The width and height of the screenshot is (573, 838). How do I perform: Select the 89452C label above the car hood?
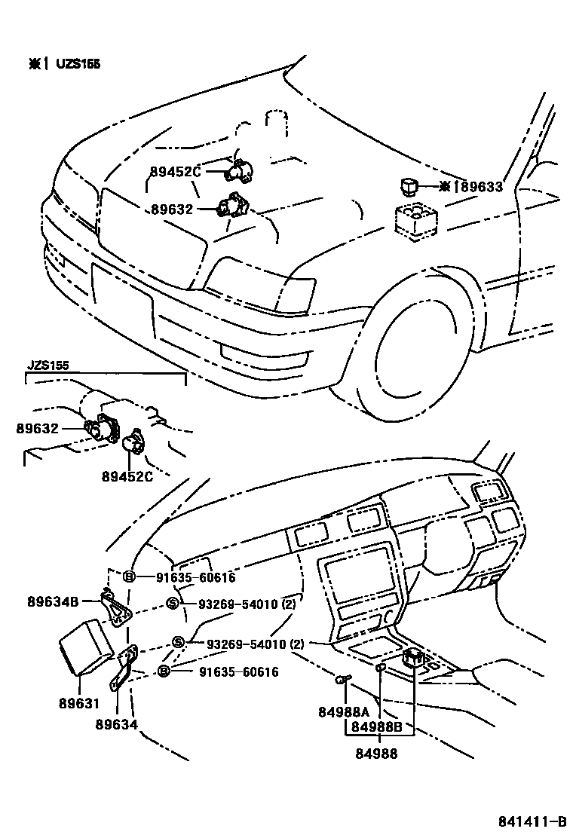[176, 172]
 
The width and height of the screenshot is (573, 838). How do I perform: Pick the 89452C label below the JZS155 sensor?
[127, 476]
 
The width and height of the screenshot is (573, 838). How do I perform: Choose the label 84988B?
[378, 727]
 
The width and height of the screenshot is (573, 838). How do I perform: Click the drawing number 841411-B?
[532, 821]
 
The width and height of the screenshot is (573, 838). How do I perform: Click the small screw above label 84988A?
[342, 680]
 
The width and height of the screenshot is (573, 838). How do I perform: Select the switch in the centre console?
[413, 660]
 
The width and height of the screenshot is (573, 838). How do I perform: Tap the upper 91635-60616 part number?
[195, 578]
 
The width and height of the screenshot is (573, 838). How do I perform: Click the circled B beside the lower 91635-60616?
[163, 671]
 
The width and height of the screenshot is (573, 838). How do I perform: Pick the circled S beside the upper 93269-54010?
[171, 603]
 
